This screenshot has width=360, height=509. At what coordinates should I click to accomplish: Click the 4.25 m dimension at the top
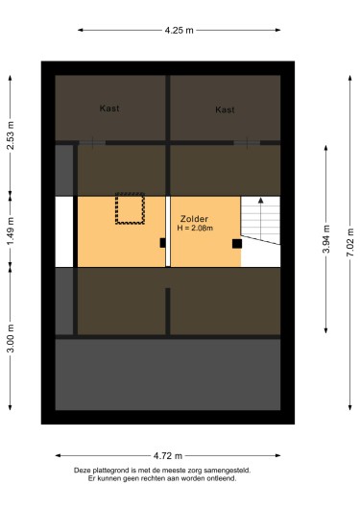click(179, 31)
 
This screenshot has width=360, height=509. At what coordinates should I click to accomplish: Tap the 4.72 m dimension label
click(170, 454)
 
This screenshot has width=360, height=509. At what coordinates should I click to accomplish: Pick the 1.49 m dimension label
click(11, 231)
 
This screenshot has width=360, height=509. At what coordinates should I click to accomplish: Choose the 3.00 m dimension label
click(11, 339)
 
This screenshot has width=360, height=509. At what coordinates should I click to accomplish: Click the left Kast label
click(109, 109)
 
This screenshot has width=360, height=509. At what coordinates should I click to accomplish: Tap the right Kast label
click(225, 109)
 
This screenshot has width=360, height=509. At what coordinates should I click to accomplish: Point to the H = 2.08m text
click(195, 229)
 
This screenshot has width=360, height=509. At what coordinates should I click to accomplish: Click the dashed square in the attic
click(130, 208)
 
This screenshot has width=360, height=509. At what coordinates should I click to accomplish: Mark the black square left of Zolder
click(163, 242)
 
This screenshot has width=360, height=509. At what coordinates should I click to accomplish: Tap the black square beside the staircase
click(236, 244)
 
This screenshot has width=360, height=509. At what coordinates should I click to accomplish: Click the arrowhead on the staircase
click(259, 202)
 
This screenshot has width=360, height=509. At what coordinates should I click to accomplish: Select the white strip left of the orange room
click(64, 231)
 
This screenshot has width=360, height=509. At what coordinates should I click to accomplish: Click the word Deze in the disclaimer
click(84, 470)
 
